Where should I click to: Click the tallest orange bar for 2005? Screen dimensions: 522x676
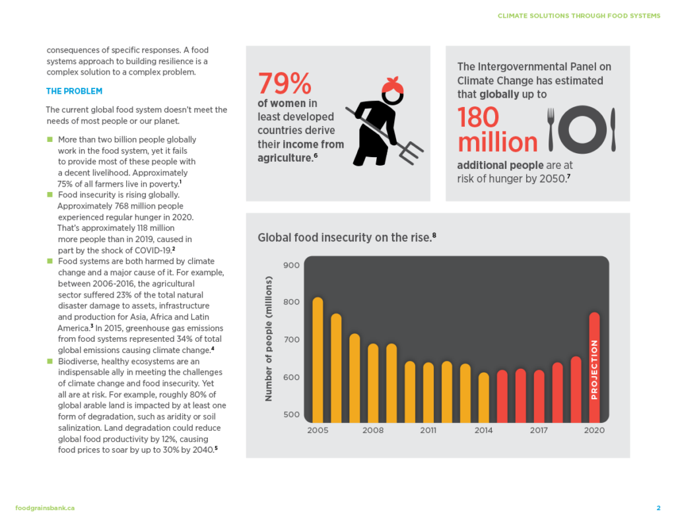(318, 360)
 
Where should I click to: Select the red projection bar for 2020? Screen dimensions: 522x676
(594, 367)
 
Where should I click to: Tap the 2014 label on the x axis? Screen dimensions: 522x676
(484, 430)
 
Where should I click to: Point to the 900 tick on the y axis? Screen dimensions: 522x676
(292, 265)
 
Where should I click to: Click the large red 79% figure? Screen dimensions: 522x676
(285, 84)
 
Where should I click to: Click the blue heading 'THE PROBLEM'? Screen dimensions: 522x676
(74, 91)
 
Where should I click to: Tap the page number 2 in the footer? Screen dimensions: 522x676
(658, 507)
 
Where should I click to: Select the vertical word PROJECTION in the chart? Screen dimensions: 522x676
(594, 370)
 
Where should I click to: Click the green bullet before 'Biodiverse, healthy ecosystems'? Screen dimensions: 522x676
(50, 362)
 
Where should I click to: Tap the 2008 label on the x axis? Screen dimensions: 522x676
(373, 430)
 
